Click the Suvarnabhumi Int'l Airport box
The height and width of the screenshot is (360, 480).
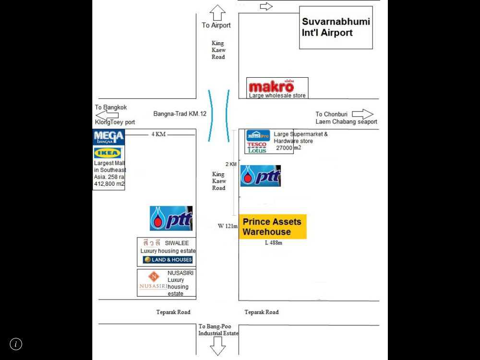coord(336,27)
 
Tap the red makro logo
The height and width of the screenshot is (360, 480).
coord(271,86)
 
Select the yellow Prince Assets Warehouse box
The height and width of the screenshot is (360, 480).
coord(272,227)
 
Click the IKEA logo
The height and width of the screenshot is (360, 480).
coord(108,153)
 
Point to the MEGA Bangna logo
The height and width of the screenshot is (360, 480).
coord(109,137)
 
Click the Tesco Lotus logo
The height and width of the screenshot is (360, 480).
coord(257,147)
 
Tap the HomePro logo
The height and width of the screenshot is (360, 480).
coord(258,136)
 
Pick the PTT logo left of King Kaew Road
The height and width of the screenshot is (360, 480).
coord(171,218)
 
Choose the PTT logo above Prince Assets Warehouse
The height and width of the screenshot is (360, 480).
coord(260,176)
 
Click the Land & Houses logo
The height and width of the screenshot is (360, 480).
coord(168,260)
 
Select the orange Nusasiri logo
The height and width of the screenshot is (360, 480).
coord(154,276)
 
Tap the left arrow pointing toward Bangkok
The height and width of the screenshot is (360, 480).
coord(107,115)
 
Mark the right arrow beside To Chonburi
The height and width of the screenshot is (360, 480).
coord(362,114)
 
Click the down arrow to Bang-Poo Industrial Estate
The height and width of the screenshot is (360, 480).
coord(218,346)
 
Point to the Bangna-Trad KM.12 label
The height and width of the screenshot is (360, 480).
coord(180,114)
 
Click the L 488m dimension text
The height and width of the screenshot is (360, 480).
coord(274,243)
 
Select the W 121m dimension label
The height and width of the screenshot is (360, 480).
coord(228,226)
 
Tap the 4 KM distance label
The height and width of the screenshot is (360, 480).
coord(158,134)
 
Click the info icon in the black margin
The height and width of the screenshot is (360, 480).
coord(16,344)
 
